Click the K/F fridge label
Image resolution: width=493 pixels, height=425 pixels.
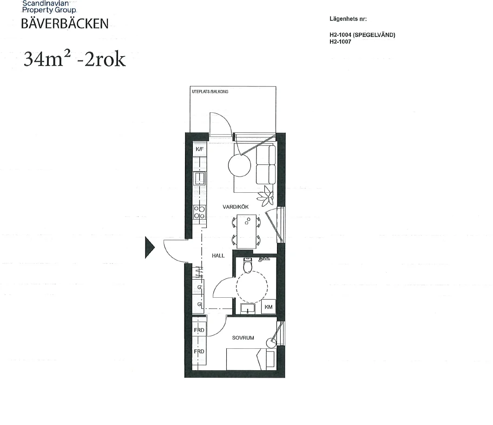[x=200, y=149]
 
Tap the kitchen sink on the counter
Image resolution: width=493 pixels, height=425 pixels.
[x=199, y=178]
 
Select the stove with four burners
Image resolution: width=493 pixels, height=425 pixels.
[x=199, y=212]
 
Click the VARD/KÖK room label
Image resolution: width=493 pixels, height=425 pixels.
[x=236, y=207]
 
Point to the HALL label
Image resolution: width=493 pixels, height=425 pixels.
[x=218, y=255]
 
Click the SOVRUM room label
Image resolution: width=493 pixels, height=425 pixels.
[x=243, y=338]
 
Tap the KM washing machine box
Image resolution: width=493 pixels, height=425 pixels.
[x=269, y=307]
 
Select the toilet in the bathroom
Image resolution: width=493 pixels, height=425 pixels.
[x=248, y=265]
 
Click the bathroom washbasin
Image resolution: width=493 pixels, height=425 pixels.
[x=248, y=309]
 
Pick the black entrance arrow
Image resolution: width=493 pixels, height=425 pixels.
[x=149, y=248]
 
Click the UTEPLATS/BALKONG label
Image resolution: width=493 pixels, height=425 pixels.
[x=210, y=92]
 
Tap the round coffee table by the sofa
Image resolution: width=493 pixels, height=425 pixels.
[x=240, y=166]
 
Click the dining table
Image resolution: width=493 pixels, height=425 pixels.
[x=246, y=231]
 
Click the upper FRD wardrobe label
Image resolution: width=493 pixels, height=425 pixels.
[x=199, y=330]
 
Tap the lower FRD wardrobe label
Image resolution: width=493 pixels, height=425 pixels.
[x=199, y=352]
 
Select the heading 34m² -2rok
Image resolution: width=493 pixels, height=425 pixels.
[x=74, y=59]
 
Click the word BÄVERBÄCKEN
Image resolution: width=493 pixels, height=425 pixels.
[x=65, y=24]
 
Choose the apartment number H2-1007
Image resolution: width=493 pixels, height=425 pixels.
[x=340, y=41]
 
